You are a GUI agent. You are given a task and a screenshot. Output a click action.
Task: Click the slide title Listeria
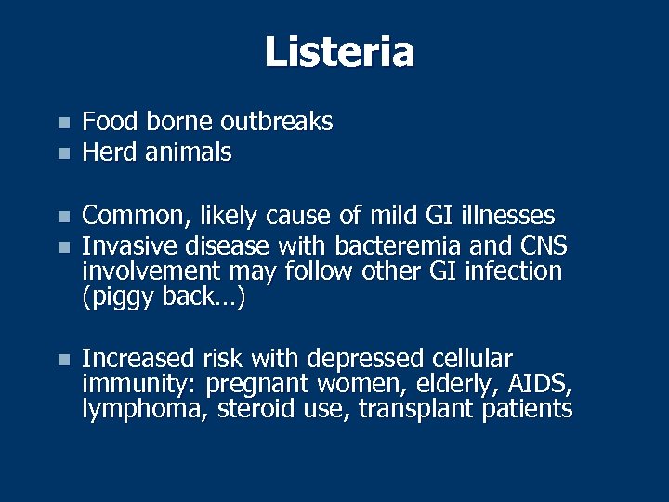[x=339, y=52]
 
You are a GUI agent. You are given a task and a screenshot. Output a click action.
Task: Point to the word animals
[x=189, y=152]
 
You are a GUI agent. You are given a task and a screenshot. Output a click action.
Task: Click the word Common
[x=132, y=216]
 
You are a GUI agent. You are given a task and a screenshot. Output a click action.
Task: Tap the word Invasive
[x=130, y=245]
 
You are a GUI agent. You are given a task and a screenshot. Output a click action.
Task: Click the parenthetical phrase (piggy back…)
[x=164, y=299]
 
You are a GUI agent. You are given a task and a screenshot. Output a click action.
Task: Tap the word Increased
[x=138, y=359]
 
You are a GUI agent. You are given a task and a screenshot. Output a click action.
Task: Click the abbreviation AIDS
[x=543, y=384]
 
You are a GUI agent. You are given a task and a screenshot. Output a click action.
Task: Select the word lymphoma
[x=144, y=410]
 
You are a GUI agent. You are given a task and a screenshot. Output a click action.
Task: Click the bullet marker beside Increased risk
[x=62, y=360]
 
